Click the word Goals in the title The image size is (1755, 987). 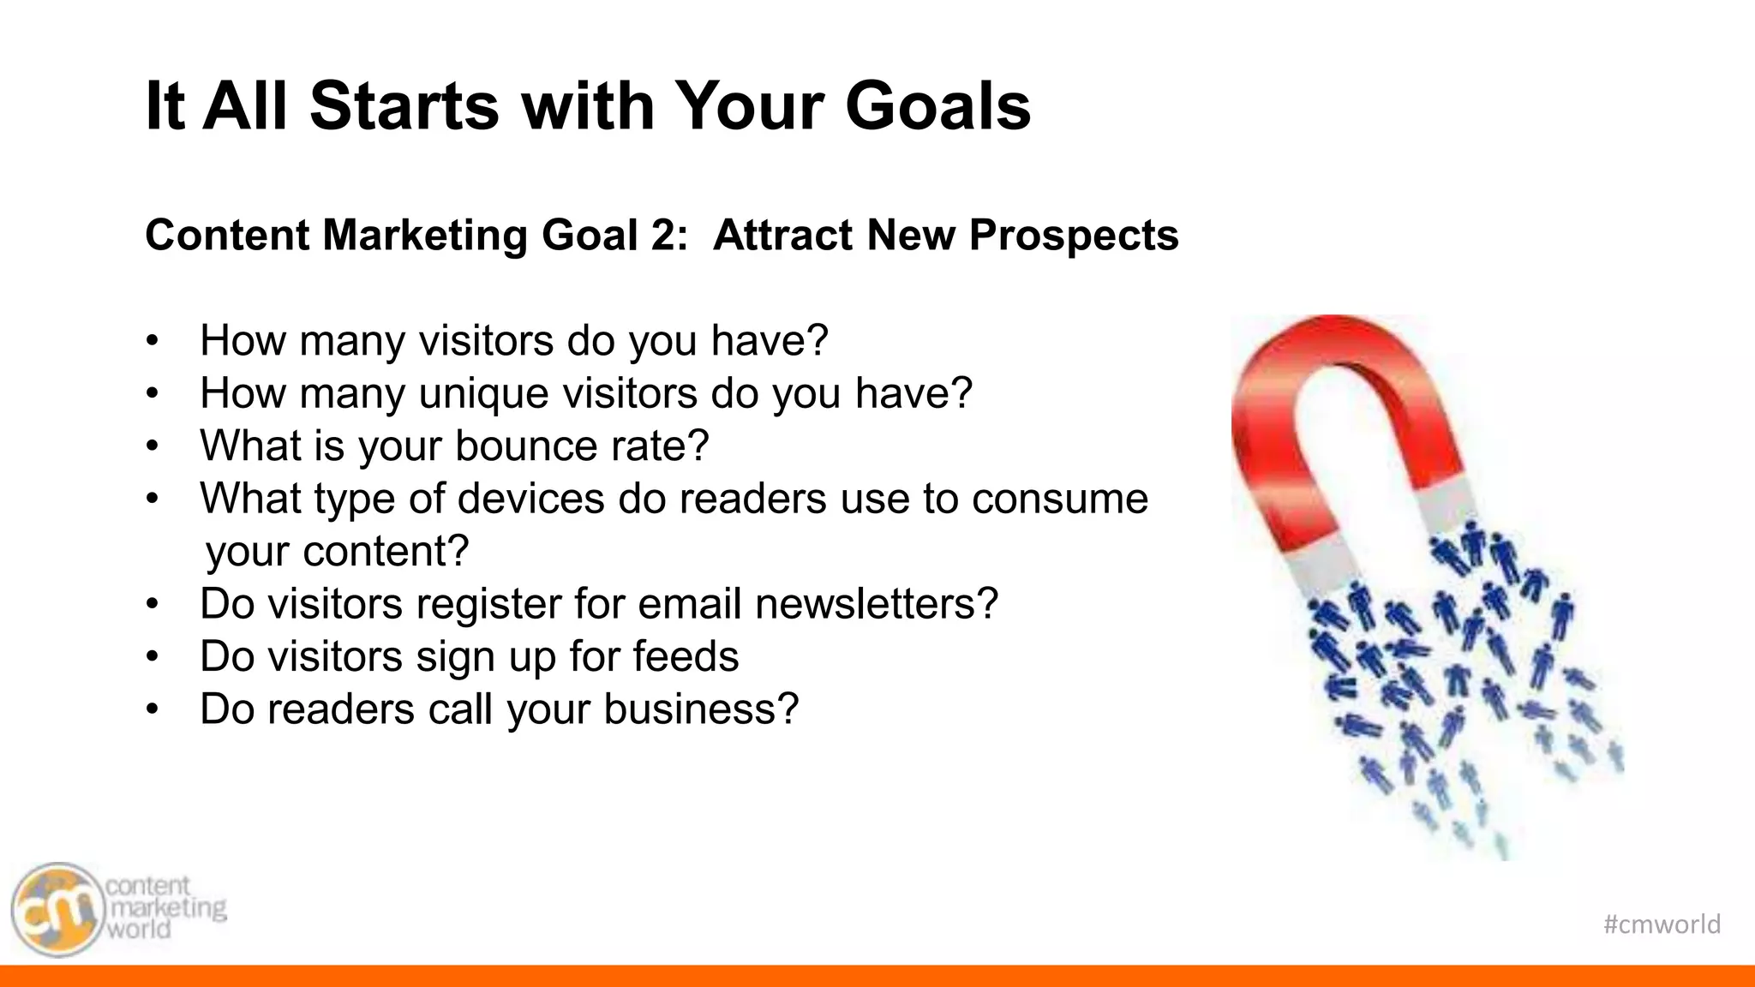(x=937, y=105)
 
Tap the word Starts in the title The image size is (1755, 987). (x=404, y=105)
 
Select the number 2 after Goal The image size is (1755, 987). (x=664, y=235)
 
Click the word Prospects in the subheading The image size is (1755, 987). (x=1074, y=235)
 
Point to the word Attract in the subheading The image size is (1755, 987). (x=782, y=235)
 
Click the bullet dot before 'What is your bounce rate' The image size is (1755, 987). (x=153, y=446)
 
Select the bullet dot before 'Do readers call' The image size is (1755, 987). (x=153, y=709)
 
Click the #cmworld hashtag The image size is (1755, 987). (x=1662, y=924)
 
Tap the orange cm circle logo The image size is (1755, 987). (x=57, y=910)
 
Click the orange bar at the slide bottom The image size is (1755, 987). (x=877, y=976)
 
